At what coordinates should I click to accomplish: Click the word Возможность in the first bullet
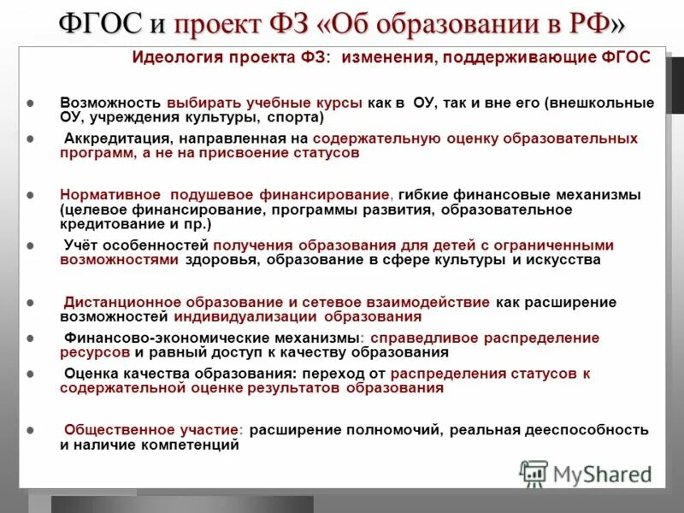click(110, 103)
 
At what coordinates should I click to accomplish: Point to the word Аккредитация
click(115, 138)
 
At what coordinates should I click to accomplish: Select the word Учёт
click(82, 245)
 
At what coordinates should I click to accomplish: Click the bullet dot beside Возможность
click(31, 103)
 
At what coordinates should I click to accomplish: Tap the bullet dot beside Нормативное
click(31, 196)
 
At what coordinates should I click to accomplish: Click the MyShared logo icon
click(534, 473)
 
